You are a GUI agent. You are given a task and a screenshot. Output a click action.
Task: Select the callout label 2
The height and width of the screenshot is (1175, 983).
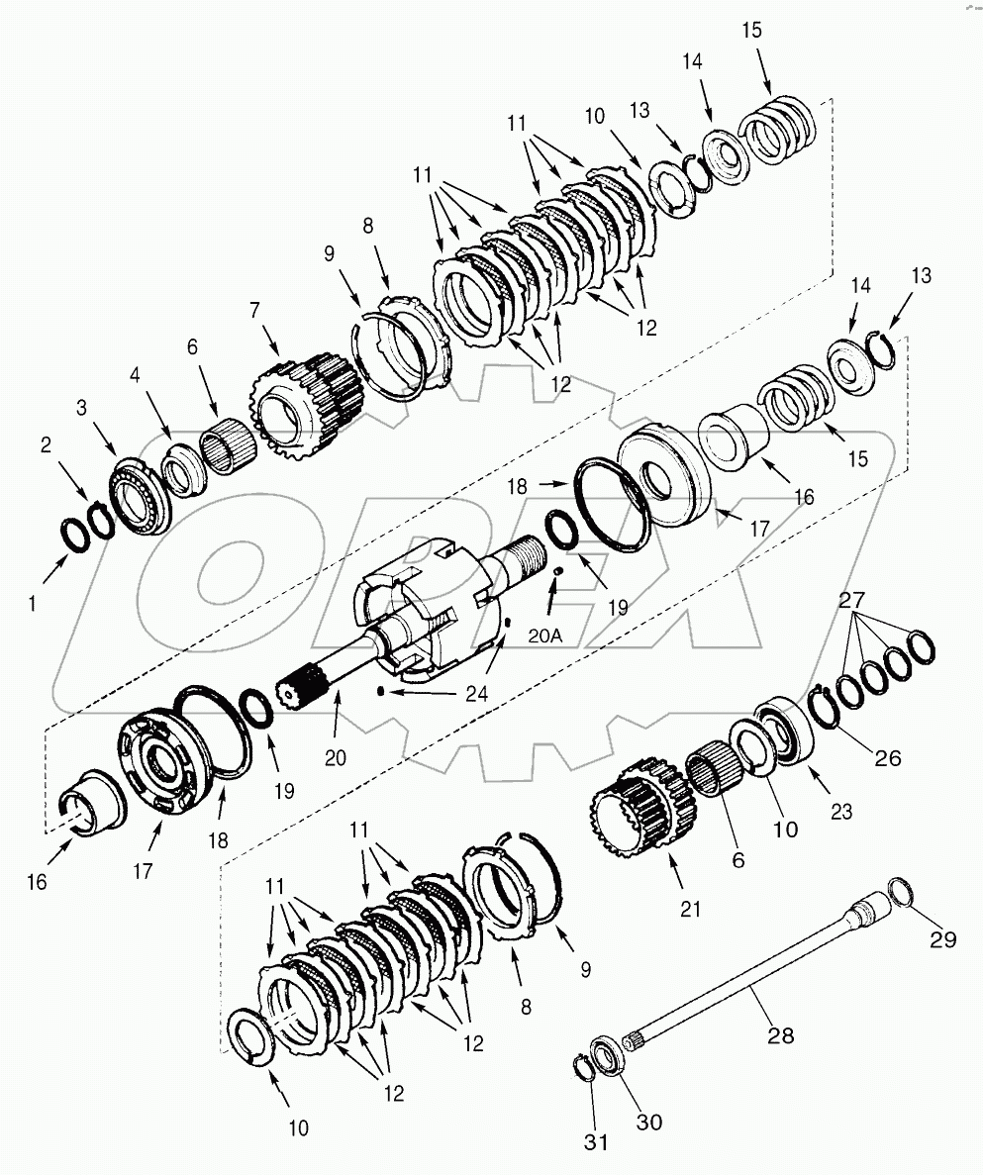(x=47, y=445)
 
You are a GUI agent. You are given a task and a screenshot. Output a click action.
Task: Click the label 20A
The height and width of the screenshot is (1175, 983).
(x=543, y=636)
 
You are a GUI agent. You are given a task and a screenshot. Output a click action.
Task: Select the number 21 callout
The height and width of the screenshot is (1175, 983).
(x=690, y=908)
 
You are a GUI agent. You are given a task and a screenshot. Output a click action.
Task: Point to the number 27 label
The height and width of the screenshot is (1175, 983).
(x=851, y=599)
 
